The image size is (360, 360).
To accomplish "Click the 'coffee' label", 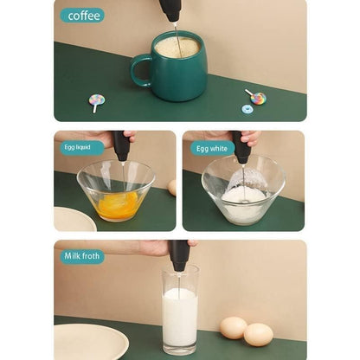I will (82, 15).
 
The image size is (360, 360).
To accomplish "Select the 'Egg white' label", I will (212, 148).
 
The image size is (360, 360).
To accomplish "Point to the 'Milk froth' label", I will (82, 256).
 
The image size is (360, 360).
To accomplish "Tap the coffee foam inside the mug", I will (177, 48).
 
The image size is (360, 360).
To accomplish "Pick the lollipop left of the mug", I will (96, 101).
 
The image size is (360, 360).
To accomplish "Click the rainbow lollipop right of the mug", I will (257, 97).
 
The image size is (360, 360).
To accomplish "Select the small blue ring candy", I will (247, 109).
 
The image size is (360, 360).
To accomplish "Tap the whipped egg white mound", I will (243, 196).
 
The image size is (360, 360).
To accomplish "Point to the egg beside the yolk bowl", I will (172, 187).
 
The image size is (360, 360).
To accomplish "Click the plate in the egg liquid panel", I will (74, 220).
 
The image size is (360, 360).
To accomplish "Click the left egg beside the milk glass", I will (233, 327).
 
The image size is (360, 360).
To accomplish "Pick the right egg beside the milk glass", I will (258, 334).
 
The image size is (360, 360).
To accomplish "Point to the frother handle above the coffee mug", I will (170, 10).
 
